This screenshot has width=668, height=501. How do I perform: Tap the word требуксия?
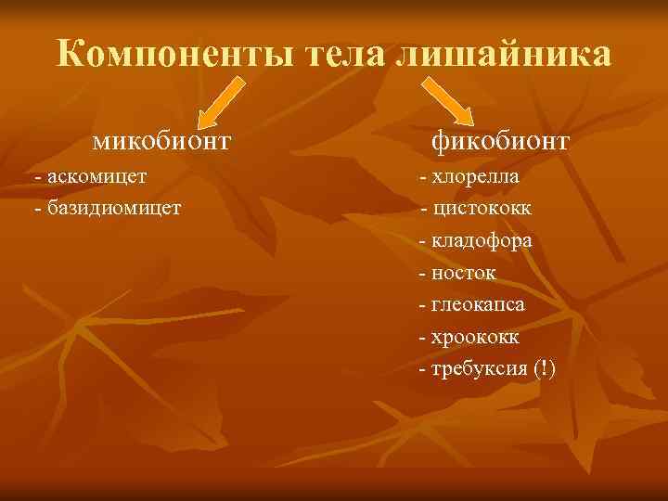[x=480, y=369]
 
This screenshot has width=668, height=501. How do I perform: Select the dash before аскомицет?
[x=36, y=176]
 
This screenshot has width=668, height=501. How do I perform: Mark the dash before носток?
[x=423, y=274]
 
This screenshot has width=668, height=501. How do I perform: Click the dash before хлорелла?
[x=423, y=177]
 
